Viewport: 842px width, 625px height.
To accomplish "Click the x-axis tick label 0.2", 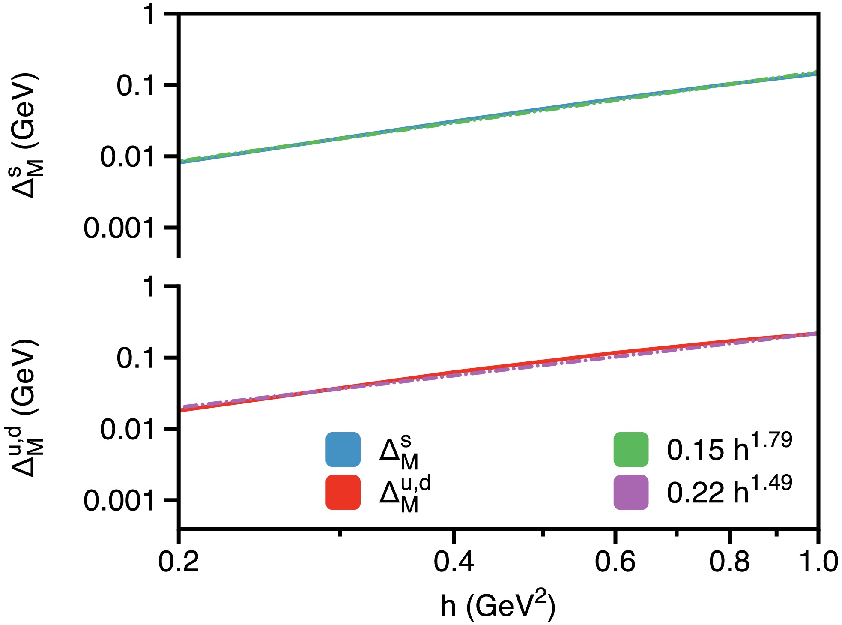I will point(179,562).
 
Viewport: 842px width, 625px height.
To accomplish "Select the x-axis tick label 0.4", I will point(454,562).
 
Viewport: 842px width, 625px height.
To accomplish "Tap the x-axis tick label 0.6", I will point(615,562).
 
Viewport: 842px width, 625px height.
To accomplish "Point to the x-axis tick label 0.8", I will point(729,562).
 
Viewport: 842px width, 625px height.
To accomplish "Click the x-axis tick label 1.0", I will point(818,562).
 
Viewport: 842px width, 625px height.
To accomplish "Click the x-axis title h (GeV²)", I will point(498,605).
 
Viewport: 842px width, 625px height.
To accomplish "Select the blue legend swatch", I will point(343,449).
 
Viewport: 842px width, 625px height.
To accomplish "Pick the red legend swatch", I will point(343,492).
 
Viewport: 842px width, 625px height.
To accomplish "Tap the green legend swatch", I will point(630,449).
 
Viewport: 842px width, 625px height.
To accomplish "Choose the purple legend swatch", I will point(630,492).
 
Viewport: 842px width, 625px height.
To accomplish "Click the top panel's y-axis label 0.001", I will point(119,228).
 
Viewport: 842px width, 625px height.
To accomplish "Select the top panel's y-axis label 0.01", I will point(127,157).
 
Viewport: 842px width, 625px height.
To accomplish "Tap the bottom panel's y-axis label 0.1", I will point(135,358).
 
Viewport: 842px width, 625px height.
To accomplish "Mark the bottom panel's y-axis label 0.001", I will point(119,500).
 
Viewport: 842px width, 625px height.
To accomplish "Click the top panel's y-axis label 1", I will point(149,15).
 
